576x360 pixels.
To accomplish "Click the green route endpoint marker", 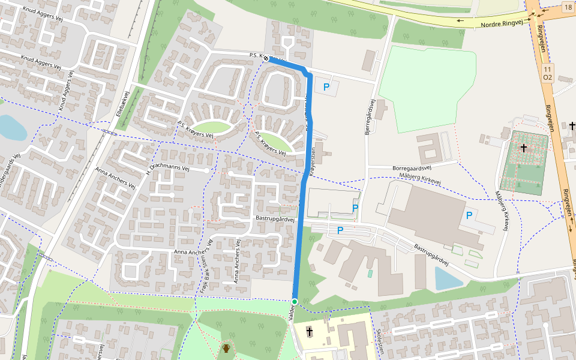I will pyautogui.click(x=295, y=301).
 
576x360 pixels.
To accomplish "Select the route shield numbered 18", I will pyautogui.click(x=568, y=7).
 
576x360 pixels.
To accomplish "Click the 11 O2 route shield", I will pyautogui.click(x=547, y=74).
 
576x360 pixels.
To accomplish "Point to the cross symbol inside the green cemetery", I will pyautogui.click(x=524, y=148).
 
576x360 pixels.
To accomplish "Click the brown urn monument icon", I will pyautogui.click(x=227, y=348).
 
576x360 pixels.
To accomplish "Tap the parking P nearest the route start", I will pyautogui.click(x=326, y=87).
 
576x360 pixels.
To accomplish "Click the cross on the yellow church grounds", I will pyautogui.click(x=310, y=331).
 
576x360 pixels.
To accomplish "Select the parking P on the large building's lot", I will pyautogui.click(x=469, y=215).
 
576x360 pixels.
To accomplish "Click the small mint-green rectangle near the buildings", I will pyautogui.click(x=370, y=274).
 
